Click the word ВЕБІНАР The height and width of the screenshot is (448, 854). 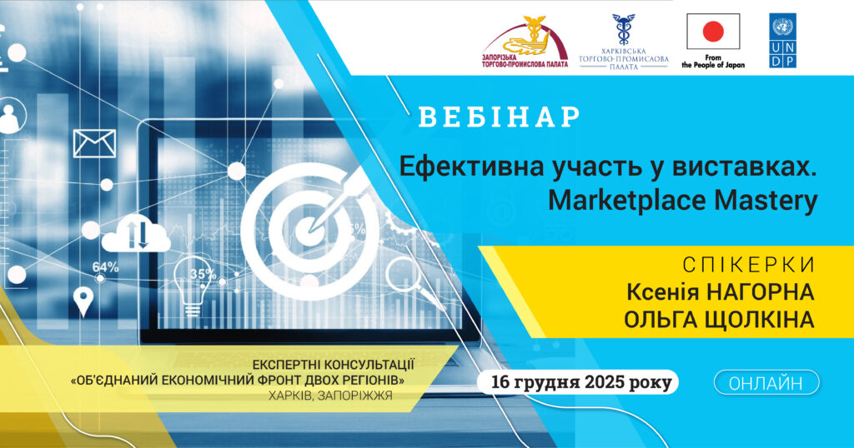coord(499,117)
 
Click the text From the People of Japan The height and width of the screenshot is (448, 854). coord(712,62)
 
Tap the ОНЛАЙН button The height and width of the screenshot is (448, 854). coord(766,383)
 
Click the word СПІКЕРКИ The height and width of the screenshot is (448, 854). coord(748,266)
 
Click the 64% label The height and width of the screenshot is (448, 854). coord(105,267)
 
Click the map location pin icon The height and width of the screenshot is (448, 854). coord(83,301)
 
